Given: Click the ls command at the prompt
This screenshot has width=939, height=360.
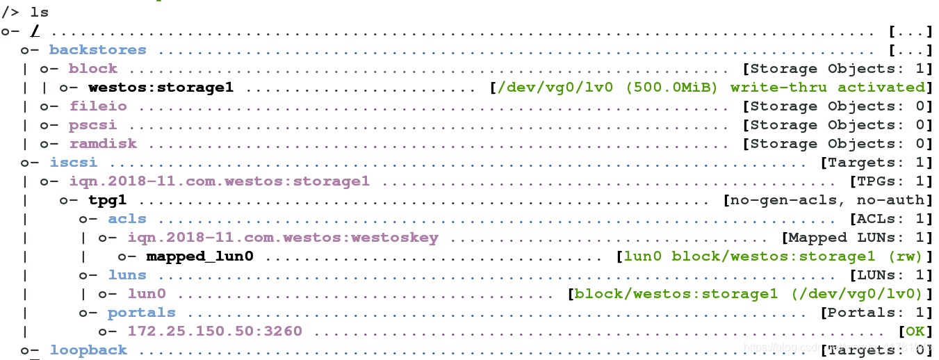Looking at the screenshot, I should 40,12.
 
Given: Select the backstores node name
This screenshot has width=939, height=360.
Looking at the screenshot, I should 98,49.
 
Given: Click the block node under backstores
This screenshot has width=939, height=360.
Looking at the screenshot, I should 93,68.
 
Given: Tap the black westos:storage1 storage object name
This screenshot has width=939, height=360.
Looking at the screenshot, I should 161,87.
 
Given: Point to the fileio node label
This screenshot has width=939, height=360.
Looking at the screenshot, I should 98,106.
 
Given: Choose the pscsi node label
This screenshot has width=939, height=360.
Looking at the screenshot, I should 93,125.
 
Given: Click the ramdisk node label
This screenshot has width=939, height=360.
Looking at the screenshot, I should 103,144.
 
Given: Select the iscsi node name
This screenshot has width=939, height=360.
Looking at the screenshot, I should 73,163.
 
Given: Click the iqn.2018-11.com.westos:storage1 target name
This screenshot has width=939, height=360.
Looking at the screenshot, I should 219,181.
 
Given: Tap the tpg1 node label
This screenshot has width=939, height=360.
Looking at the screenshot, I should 107,200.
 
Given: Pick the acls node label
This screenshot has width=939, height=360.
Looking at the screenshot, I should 127,219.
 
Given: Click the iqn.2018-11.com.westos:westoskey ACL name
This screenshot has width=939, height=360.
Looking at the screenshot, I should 283,238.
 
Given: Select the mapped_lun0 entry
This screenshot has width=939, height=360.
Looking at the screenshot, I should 199,256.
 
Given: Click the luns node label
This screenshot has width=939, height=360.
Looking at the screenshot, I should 127,275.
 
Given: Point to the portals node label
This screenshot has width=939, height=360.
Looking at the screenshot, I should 141,313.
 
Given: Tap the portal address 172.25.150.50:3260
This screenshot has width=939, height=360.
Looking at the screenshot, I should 215,332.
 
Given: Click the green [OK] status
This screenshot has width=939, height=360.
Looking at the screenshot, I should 915,332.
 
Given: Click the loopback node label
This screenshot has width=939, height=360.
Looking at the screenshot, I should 88,350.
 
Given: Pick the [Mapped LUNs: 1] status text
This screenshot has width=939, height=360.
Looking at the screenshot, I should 857,238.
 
